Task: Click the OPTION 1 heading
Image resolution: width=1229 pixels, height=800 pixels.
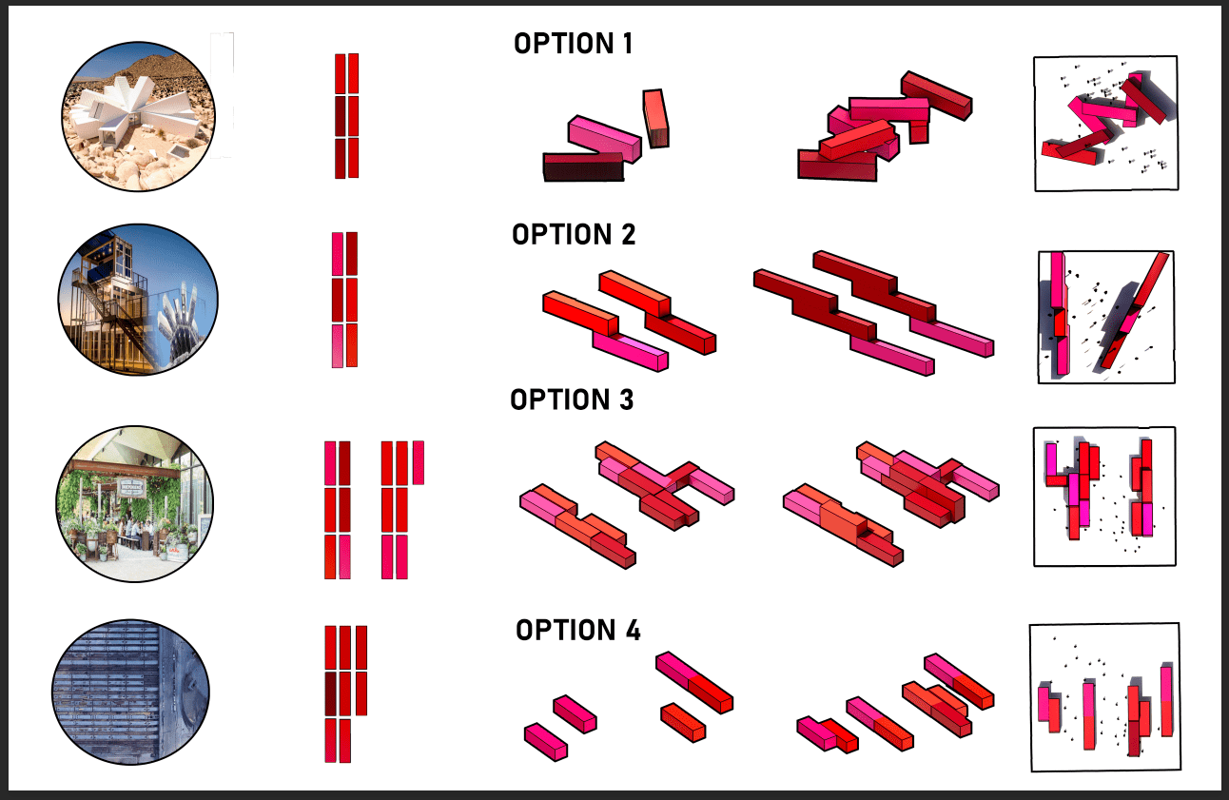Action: [574, 44]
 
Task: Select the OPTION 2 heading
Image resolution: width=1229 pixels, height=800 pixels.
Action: [574, 235]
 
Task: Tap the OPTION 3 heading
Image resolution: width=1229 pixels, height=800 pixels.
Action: [572, 400]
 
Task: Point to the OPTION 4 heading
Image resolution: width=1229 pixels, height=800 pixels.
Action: [577, 630]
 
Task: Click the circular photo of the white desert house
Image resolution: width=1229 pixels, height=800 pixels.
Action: [138, 116]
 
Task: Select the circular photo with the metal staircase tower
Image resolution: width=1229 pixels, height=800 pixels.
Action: [138, 300]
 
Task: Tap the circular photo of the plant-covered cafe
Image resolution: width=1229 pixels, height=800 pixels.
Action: [134, 504]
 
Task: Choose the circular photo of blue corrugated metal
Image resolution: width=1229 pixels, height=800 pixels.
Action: [130, 693]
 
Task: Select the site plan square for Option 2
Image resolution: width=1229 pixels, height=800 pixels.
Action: [1106, 317]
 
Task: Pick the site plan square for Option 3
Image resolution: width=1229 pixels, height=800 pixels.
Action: [1105, 496]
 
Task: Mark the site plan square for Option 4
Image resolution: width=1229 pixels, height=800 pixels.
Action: [1105, 697]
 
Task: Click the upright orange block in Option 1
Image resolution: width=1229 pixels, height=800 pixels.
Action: [656, 119]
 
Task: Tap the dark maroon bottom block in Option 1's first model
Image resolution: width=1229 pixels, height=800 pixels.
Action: [584, 166]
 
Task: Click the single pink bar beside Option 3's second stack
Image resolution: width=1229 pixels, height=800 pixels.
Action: [419, 462]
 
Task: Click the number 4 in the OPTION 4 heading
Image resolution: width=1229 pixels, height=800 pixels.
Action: [634, 630]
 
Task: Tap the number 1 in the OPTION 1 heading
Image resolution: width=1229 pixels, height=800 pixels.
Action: [628, 44]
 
